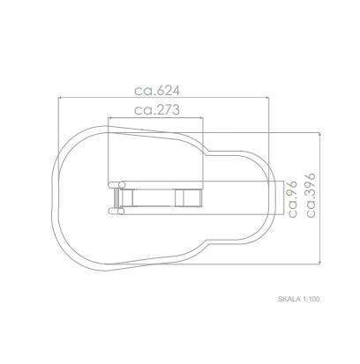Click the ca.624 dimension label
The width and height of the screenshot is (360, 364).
tap(157, 91)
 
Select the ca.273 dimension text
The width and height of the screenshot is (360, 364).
tap(157, 110)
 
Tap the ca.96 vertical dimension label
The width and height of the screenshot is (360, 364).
tap(293, 199)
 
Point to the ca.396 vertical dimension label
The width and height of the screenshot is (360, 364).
tap(311, 195)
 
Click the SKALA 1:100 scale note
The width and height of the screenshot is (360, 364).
tap(298, 299)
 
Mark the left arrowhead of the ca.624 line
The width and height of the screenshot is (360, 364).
tap(60, 98)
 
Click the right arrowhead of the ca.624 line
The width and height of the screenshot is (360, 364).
tap(267, 98)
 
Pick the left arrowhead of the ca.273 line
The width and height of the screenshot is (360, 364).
tap(109, 118)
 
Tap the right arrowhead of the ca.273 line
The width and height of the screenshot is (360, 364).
tap(201, 118)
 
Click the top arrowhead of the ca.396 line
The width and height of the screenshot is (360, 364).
tap(319, 134)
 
